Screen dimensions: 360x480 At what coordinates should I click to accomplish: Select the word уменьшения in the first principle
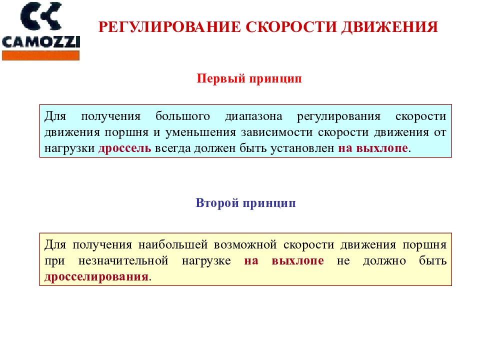point(205,132)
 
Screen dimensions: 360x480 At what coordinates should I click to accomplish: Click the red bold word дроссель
point(124,148)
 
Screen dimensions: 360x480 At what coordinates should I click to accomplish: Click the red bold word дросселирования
point(96,277)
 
